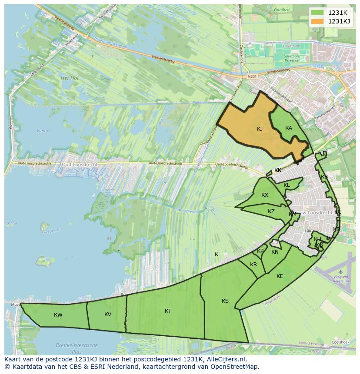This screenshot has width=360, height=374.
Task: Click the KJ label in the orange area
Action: (x=260, y=129)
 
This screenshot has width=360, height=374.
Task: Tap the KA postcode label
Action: (x=289, y=128)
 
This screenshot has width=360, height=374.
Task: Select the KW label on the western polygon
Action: (x=58, y=315)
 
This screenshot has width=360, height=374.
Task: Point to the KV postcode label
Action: (x=108, y=314)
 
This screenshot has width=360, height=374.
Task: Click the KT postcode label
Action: (x=168, y=311)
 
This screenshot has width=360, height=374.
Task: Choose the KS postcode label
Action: (x=225, y=301)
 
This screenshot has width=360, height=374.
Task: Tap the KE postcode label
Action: (x=280, y=276)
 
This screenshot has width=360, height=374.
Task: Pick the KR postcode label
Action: (x=253, y=265)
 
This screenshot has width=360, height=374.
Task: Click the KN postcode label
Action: (x=275, y=252)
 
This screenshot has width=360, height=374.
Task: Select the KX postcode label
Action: (x=265, y=195)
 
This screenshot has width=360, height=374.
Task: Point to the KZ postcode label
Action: (x=271, y=212)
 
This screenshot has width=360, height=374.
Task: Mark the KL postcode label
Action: (x=287, y=185)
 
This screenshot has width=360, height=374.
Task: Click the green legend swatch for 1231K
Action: (x=317, y=13)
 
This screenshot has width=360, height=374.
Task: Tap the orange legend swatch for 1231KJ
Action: (x=317, y=21)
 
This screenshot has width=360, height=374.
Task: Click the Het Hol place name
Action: (x=69, y=78)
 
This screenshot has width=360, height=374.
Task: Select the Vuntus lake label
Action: (x=43, y=130)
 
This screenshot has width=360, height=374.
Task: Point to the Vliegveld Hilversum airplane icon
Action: (x=340, y=272)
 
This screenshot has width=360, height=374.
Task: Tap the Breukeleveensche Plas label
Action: (x=77, y=348)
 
